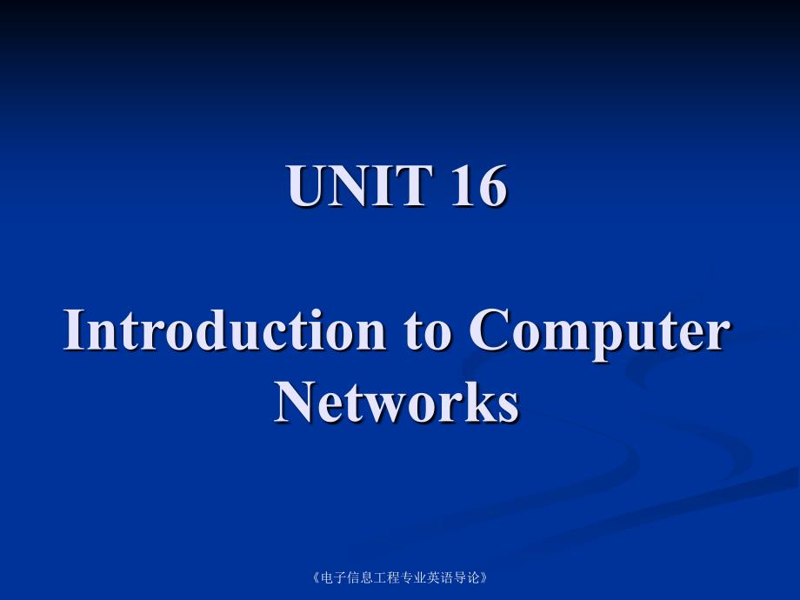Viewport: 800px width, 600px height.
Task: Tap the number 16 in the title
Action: tap(478, 186)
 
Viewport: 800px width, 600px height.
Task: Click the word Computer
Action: tap(599, 334)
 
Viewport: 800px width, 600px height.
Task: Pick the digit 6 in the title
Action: tap(492, 186)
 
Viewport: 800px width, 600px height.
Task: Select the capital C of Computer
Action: tap(489, 330)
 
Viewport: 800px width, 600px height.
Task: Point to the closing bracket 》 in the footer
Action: tap(484, 577)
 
